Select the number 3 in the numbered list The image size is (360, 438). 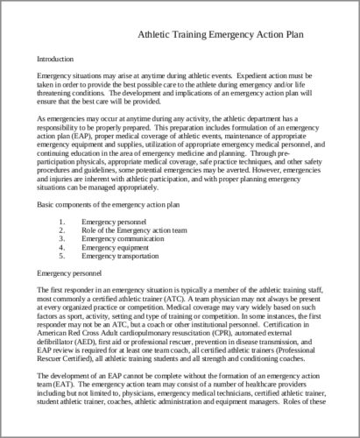click(62, 237)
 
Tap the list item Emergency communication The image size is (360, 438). click(122, 237)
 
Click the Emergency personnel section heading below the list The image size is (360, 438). click(68, 273)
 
